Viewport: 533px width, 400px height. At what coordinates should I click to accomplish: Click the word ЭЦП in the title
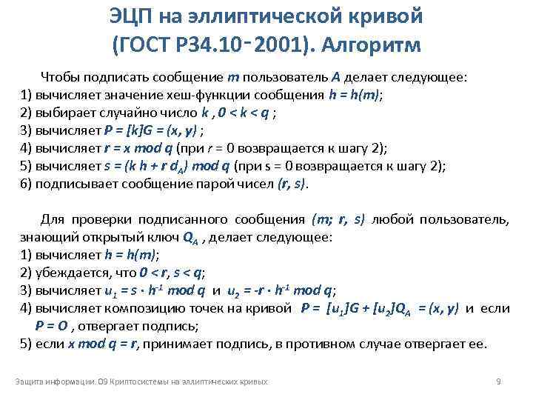(x=134, y=16)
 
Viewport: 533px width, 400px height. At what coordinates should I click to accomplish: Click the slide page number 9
(x=498, y=381)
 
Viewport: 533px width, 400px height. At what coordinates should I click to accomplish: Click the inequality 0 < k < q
(x=248, y=113)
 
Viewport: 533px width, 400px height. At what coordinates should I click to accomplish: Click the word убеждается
(x=70, y=273)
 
